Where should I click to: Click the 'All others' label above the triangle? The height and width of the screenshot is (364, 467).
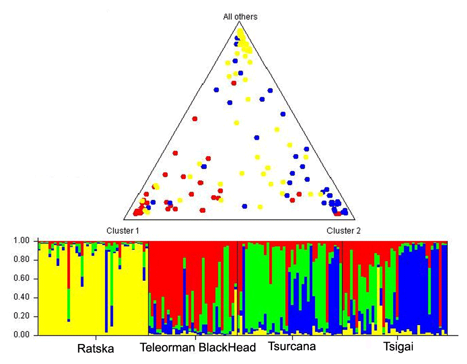(x=240, y=17)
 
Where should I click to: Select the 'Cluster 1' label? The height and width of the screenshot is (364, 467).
(x=122, y=231)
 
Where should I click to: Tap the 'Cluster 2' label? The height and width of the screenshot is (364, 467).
(x=344, y=231)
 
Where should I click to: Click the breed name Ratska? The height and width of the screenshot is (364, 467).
(x=95, y=349)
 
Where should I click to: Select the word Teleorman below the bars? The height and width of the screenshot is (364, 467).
(x=167, y=348)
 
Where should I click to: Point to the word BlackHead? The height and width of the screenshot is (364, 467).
(x=227, y=348)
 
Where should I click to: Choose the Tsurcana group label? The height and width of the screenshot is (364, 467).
(x=291, y=346)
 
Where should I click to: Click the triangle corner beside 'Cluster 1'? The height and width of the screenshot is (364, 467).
(x=124, y=219)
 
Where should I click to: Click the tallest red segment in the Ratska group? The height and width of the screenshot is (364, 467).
(x=69, y=267)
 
